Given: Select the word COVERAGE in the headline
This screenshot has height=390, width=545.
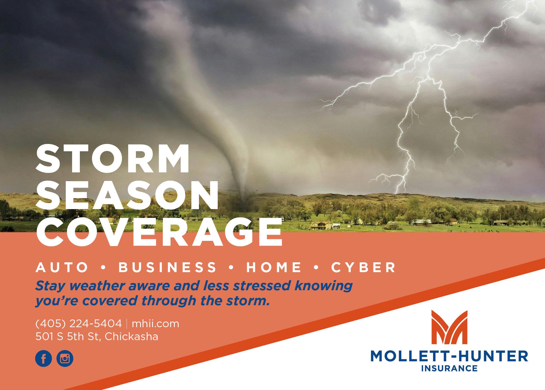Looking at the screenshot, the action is click(159, 233).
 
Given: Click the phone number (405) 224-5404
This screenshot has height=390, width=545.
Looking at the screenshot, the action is click(79, 324).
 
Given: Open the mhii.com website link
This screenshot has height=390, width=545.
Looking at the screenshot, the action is click(155, 324).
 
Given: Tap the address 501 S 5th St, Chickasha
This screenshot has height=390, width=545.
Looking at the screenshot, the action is click(97, 337).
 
